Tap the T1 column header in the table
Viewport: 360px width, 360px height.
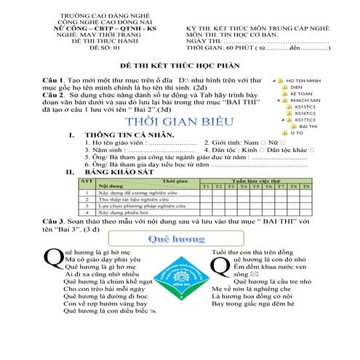pyautogui.click(x=205, y=187)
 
